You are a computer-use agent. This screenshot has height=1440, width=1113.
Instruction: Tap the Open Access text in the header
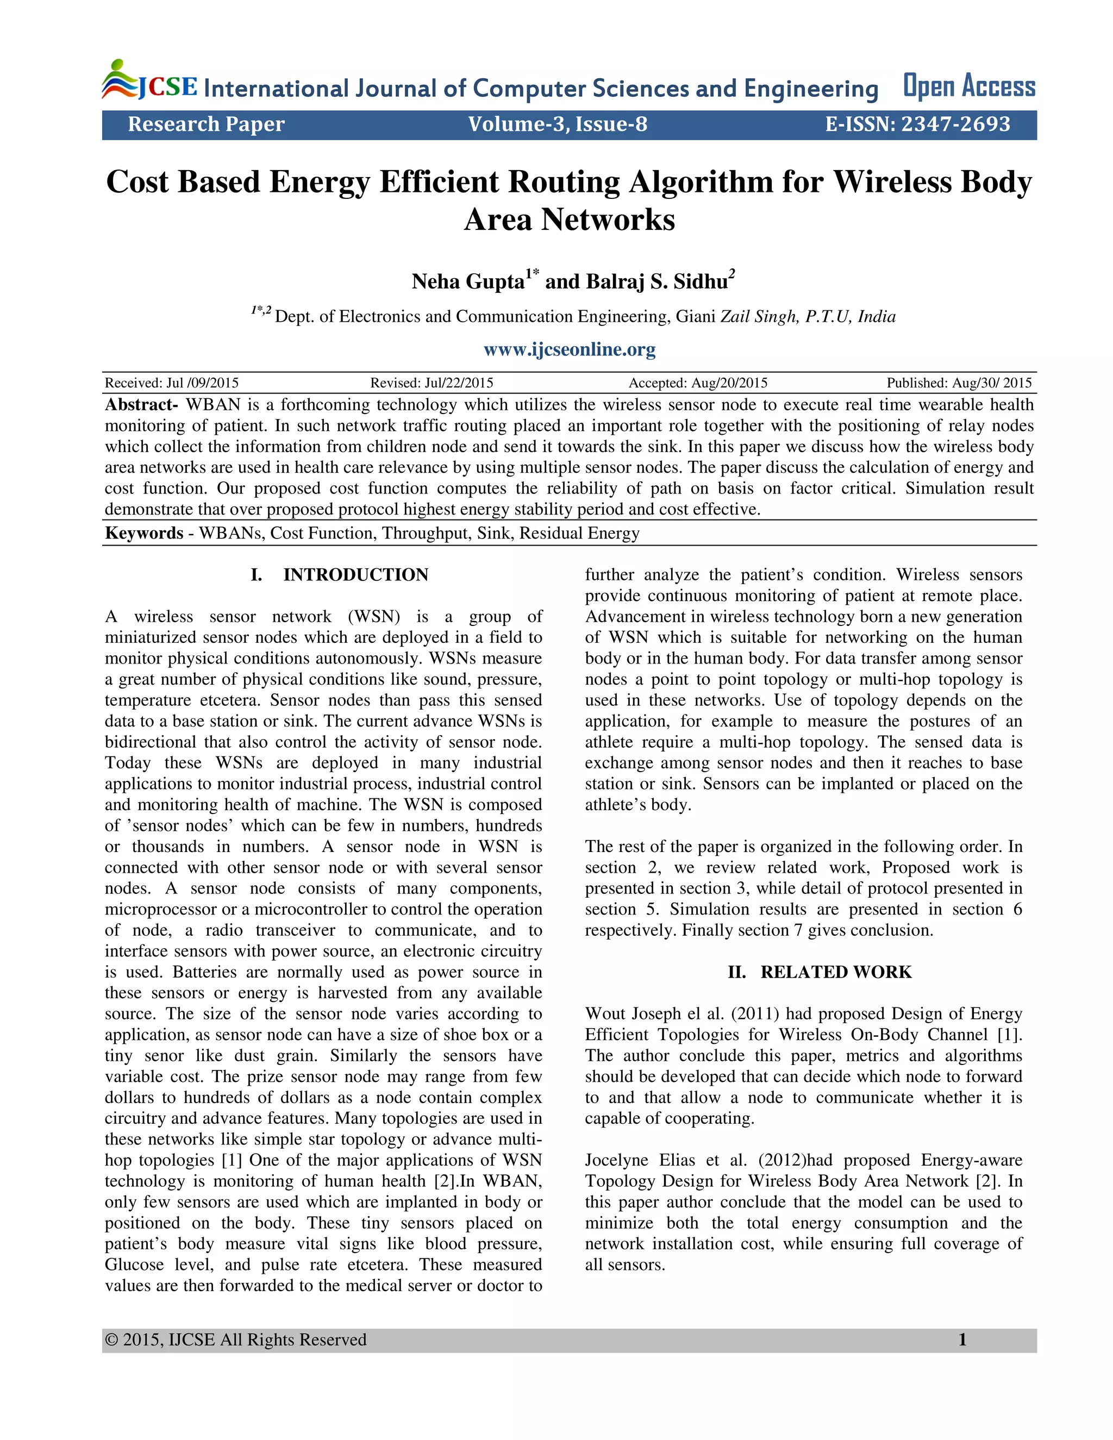[x=968, y=86]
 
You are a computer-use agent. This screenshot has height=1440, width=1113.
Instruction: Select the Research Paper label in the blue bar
[x=206, y=124]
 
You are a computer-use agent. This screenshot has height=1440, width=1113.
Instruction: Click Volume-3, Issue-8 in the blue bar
[x=557, y=124]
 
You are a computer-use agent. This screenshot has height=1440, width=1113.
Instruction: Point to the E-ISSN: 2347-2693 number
[x=917, y=124]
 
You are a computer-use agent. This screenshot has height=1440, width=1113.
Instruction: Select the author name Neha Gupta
[x=467, y=281]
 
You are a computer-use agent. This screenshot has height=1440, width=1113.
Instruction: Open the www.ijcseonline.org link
[x=569, y=349]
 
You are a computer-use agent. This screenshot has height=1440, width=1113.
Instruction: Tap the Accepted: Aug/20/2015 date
[x=698, y=383]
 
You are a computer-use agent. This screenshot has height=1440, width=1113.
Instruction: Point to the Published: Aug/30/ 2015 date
[x=959, y=383]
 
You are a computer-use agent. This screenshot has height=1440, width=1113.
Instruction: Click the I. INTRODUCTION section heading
[x=340, y=575]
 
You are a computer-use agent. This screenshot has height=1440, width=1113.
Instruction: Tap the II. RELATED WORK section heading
[x=820, y=972]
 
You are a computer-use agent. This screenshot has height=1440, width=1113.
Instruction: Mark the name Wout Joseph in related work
[x=633, y=1013]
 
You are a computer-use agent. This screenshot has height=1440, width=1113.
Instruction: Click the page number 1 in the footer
[x=962, y=1340]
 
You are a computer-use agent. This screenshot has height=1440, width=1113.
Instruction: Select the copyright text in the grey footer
[x=235, y=1340]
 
